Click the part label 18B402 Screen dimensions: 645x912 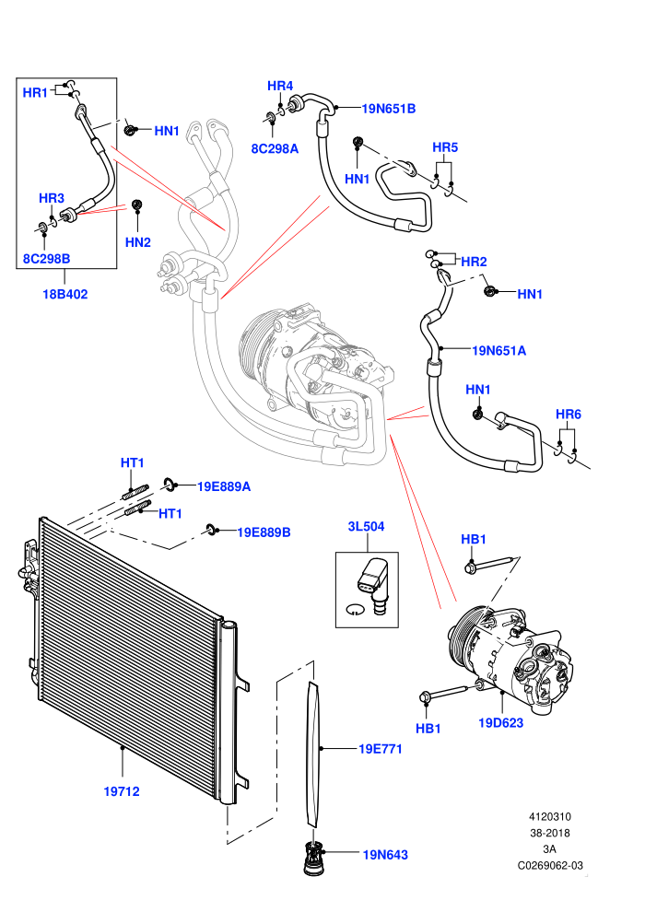pyautogui.click(x=65, y=294)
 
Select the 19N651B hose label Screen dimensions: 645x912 pyautogui.click(x=389, y=108)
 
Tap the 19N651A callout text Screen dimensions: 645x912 pyautogui.click(x=499, y=350)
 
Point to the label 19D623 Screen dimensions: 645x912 pyautogui.click(x=500, y=723)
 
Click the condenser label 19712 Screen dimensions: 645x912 pyautogui.click(x=122, y=791)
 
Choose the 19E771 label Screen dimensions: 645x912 pyautogui.click(x=381, y=749)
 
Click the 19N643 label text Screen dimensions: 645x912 pyautogui.click(x=385, y=855)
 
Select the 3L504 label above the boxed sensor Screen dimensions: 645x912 pyautogui.click(x=367, y=526)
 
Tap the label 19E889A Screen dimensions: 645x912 pyautogui.click(x=224, y=486)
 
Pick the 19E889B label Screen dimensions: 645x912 pyautogui.click(x=264, y=532)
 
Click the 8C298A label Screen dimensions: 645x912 pyautogui.click(x=275, y=149)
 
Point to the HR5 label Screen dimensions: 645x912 pyautogui.click(x=445, y=147)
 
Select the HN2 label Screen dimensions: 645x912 pyautogui.click(x=138, y=242)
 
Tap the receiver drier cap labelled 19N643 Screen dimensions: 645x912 pyautogui.click(x=313, y=859)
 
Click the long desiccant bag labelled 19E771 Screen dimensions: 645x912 pyautogui.click(x=314, y=754)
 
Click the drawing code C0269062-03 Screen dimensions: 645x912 pyautogui.click(x=550, y=865)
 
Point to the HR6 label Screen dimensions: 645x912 pyautogui.click(x=569, y=415)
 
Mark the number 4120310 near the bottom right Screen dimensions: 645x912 pyautogui.click(x=549, y=816)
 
